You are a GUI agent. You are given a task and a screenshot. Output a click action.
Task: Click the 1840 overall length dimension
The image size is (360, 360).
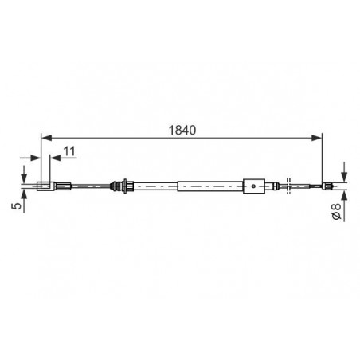coord(182,131)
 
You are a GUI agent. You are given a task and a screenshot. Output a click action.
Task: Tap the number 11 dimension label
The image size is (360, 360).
coord(69,151)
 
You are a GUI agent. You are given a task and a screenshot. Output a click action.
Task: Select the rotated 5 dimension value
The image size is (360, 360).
coord(17,205)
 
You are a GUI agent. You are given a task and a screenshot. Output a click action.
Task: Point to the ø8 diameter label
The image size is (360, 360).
coord(337,211)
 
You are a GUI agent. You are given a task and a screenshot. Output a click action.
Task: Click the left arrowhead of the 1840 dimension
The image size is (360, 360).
coord(46,138)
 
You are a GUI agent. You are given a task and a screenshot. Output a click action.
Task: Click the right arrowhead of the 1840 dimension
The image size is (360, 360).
coord(317,138)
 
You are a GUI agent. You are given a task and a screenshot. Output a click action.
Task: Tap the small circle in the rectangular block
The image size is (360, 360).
coord(254,186)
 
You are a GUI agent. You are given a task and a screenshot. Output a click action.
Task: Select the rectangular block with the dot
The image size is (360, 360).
coord(254,186)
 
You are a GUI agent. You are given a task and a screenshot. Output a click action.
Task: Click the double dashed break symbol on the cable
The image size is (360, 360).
coord(289,186)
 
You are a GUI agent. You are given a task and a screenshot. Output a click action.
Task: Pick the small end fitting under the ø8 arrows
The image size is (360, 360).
coord(327,186)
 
